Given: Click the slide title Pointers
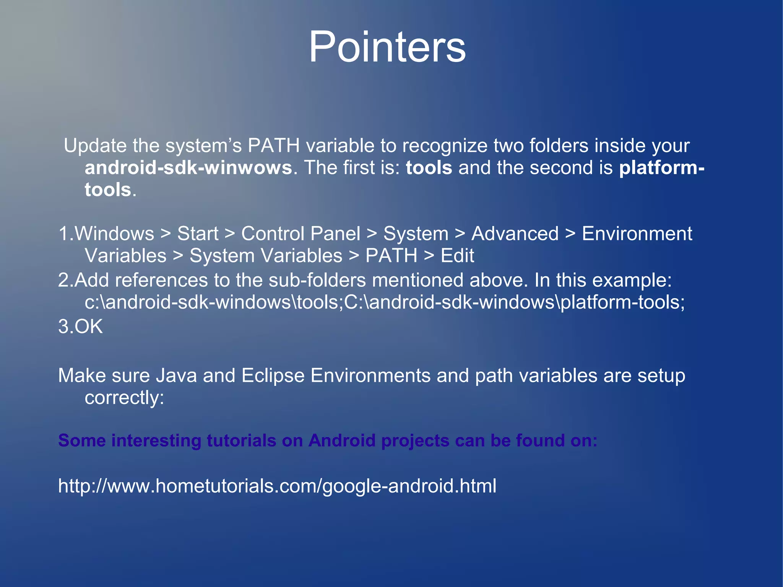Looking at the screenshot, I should (387, 47).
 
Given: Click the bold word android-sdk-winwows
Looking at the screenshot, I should (188, 168).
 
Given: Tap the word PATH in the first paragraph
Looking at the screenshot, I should (273, 146).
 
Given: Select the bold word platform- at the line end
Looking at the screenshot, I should (661, 168).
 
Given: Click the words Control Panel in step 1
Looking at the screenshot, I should (301, 234).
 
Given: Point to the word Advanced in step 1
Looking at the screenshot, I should (515, 234).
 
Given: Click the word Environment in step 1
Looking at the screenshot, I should (637, 234).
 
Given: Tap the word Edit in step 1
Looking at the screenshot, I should (457, 256).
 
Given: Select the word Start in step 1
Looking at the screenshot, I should (198, 234).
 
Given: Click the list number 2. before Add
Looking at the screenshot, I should (65, 280).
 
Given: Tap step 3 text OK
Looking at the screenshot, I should (88, 327).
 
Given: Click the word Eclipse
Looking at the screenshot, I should (273, 376).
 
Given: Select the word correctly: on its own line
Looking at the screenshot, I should (124, 398).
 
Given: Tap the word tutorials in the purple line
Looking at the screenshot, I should (241, 441).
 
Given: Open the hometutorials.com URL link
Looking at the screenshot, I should (277, 486).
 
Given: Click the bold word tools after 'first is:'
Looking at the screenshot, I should (429, 168).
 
